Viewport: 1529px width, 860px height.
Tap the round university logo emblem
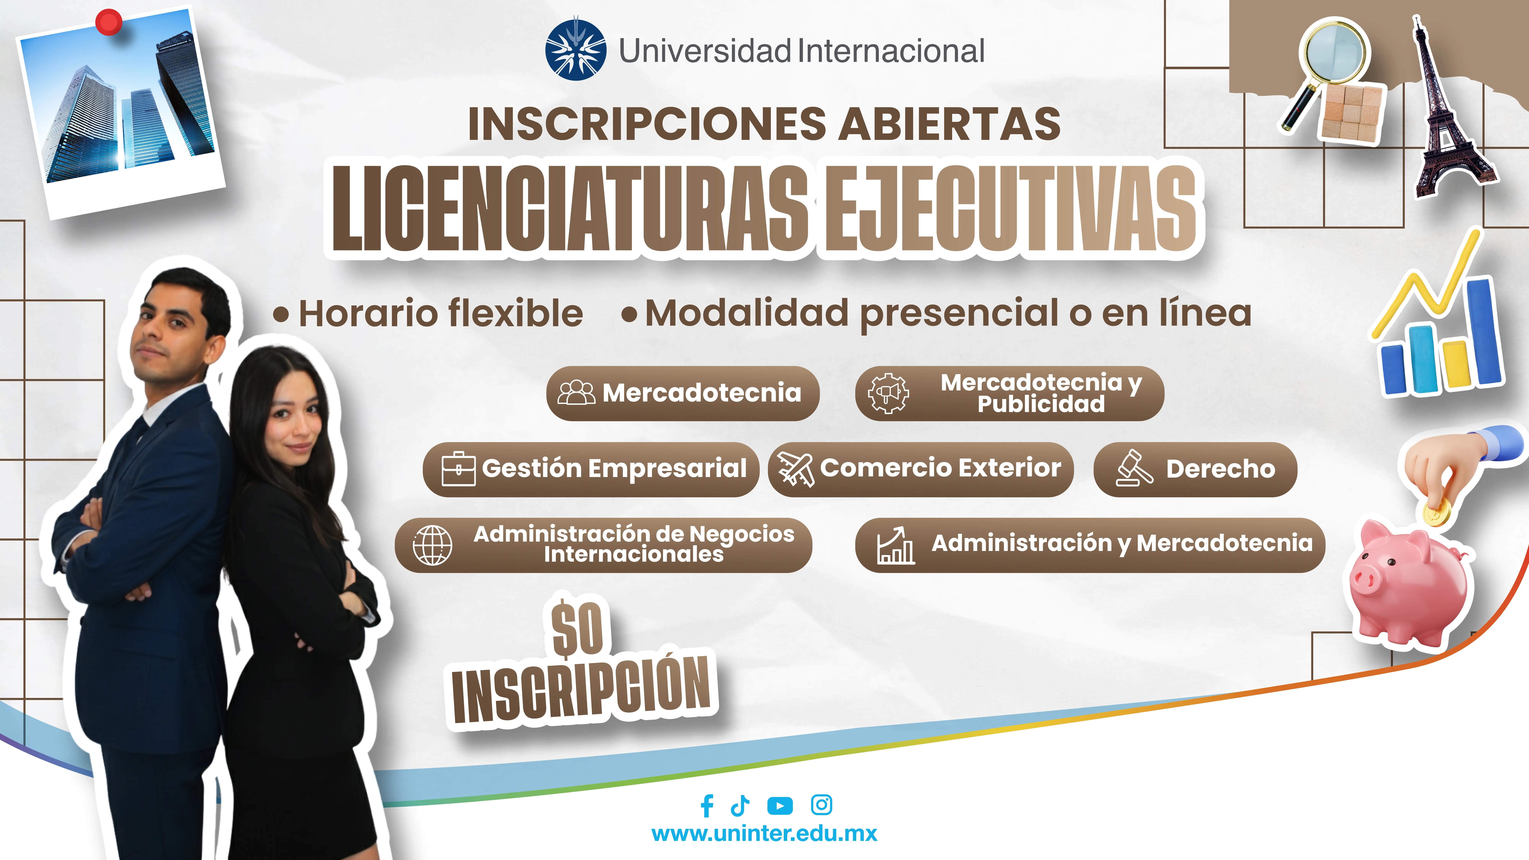[x=575, y=50]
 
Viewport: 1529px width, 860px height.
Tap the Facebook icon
[x=706, y=805]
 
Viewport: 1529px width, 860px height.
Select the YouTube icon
[x=780, y=805]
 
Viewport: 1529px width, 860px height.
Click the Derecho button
[x=1195, y=469]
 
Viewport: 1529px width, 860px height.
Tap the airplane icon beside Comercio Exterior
[x=795, y=469]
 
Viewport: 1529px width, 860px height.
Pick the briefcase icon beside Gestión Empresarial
[x=458, y=469]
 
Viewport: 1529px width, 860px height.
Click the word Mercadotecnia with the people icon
[x=702, y=393]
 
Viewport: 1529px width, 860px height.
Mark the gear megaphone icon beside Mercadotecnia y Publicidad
[x=888, y=393]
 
